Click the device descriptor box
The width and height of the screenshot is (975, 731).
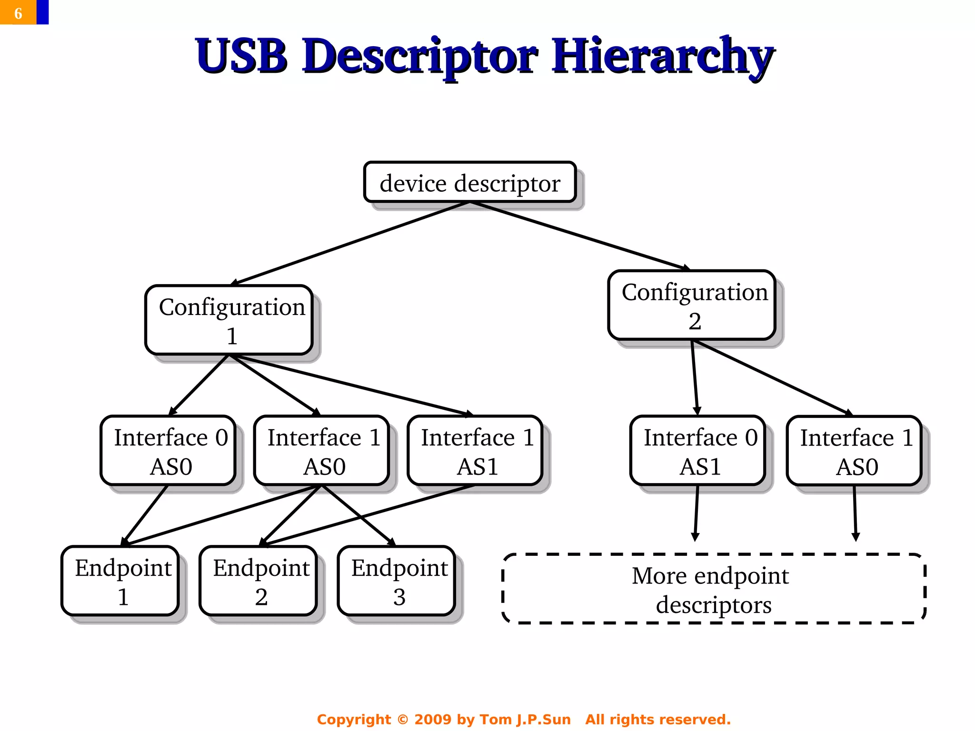point(470,182)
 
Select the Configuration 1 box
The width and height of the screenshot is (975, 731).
point(229,320)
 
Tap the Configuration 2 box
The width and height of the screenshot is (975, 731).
point(692,306)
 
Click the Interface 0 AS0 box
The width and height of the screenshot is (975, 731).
point(168,451)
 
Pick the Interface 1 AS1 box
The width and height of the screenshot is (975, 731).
point(475,451)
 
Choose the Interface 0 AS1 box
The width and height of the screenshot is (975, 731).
point(698,451)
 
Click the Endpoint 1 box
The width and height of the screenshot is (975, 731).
point(120,581)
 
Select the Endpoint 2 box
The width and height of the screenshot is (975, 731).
point(259,581)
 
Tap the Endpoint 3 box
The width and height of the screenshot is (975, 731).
point(397,581)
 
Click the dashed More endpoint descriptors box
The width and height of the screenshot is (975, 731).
point(713,589)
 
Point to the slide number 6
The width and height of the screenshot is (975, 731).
point(18,13)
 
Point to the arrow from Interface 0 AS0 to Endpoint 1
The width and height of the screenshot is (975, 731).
point(145,515)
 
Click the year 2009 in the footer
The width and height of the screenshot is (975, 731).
point(432,719)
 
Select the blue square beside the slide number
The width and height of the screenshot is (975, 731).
point(42,12)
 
